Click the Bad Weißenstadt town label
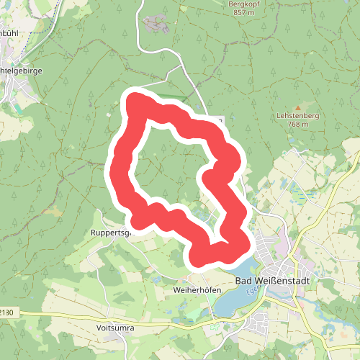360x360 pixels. click(267, 281)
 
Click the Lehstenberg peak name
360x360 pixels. click(297, 115)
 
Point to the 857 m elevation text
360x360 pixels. click(242, 13)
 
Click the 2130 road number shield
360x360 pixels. click(6, 312)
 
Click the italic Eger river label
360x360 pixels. click(252, 291)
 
